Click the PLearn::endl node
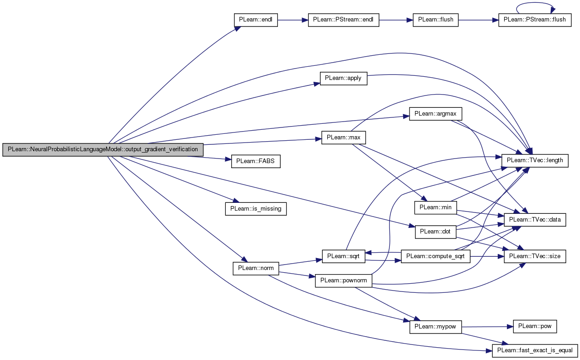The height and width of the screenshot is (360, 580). (x=256, y=20)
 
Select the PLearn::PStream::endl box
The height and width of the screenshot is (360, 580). (x=344, y=20)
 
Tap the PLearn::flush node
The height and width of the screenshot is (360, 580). (x=436, y=20)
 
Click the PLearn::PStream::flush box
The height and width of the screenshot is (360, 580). (x=535, y=20)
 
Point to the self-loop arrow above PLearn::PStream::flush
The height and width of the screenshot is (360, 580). (x=535, y=3)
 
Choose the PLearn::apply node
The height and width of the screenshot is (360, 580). (x=344, y=79)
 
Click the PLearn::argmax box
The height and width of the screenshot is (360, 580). (x=436, y=114)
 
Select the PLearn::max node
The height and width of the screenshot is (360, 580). (x=344, y=138)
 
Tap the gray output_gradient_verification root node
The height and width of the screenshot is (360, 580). (x=103, y=149)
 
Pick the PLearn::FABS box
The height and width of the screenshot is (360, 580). (x=256, y=161)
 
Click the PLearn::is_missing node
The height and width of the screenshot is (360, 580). (x=256, y=209)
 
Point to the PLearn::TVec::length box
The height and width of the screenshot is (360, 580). (x=535, y=161)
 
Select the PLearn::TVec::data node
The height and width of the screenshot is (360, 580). (x=535, y=220)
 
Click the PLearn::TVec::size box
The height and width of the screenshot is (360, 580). (x=535, y=256)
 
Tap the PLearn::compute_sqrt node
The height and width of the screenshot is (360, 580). (x=436, y=256)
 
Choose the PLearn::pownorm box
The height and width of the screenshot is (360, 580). (x=344, y=281)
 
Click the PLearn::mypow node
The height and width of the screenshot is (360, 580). (x=436, y=327)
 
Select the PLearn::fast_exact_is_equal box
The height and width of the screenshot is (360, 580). (x=535, y=351)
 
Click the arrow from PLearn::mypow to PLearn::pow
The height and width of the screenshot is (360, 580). (x=487, y=327)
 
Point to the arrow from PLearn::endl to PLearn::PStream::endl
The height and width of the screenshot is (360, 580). (x=293, y=20)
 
